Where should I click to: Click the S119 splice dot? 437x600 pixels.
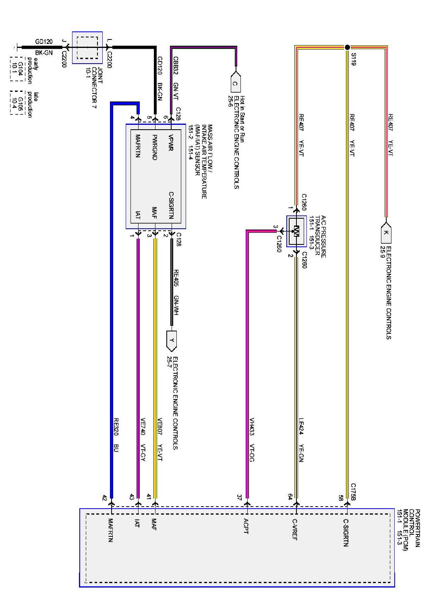(347, 47)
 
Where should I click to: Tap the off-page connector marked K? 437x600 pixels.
(386, 232)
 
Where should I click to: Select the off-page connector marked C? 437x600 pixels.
(235, 84)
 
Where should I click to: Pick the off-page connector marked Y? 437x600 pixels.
(172, 340)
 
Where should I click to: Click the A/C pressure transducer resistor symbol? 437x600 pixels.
(296, 231)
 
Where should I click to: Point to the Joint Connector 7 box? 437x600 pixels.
(87, 48)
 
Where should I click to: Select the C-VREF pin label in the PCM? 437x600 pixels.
(295, 529)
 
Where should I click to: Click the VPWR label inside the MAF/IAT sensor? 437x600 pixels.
(171, 143)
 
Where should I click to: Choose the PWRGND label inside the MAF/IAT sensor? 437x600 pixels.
(154, 147)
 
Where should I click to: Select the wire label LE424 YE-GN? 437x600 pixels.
(301, 440)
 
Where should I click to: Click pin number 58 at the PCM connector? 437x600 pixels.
(341, 498)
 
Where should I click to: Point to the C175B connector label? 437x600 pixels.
(353, 492)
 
